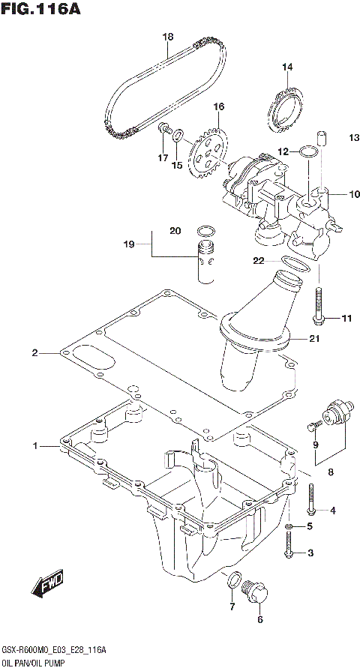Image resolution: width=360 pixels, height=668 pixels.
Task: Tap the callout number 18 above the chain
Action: tap(167, 37)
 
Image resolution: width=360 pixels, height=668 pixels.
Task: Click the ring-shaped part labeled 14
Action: tap(286, 109)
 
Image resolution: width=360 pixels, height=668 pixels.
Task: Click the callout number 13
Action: tap(333, 137)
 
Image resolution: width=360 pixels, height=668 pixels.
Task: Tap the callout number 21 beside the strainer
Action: tap(315, 339)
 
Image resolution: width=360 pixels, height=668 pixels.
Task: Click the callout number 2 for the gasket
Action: tap(34, 352)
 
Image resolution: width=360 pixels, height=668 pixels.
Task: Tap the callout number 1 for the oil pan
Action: tap(34, 447)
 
